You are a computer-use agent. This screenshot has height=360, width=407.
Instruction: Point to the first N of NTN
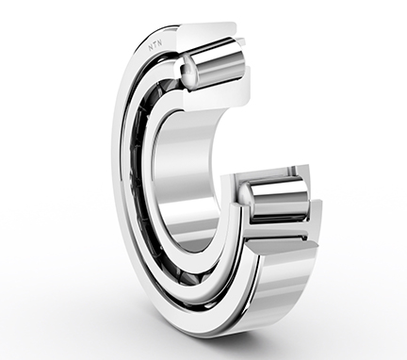(151, 48)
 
